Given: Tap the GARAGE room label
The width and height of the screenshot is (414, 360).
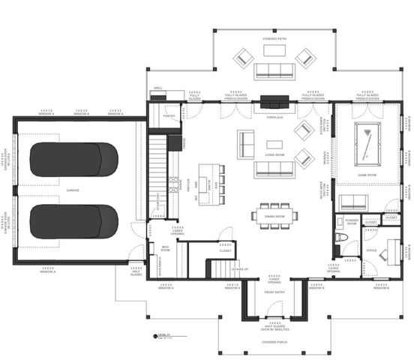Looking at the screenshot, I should [72, 190].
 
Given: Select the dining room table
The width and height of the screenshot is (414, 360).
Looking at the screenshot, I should [274, 215].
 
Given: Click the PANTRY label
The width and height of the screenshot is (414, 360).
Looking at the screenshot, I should [169, 117].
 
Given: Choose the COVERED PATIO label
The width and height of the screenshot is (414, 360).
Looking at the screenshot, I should [275, 38].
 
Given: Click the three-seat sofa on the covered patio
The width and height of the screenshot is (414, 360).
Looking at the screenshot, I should [275, 71].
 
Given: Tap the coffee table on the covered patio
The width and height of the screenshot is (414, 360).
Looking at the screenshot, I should [274, 51].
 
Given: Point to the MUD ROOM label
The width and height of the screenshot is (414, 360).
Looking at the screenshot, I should [166, 248].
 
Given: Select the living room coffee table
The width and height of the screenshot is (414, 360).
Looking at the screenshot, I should [274, 144].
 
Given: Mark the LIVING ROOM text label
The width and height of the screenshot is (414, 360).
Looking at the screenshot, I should [274, 154].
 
